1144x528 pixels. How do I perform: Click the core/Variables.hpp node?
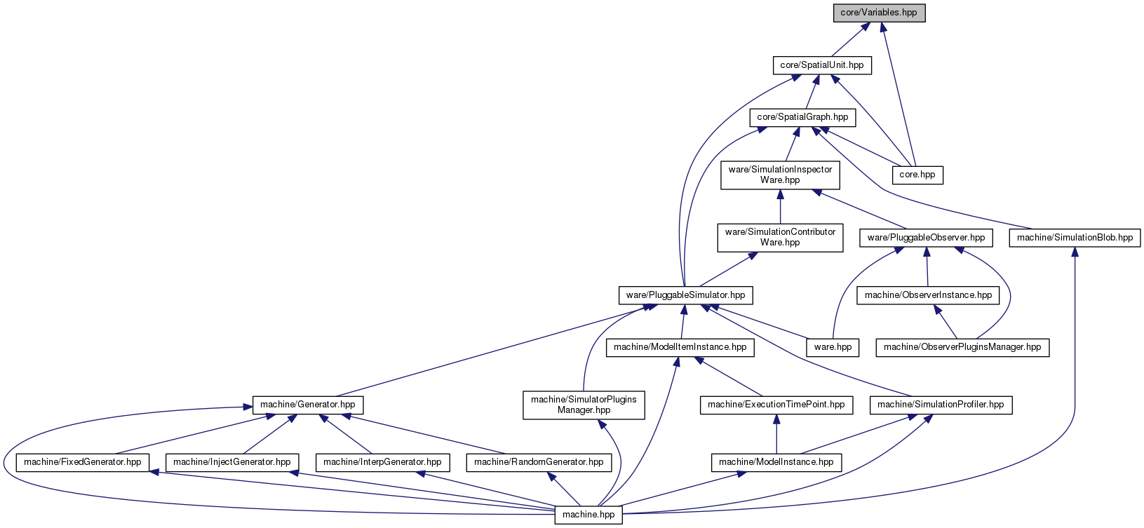(879, 13)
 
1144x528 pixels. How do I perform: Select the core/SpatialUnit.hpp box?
(822, 65)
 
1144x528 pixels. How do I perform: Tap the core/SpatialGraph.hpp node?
(802, 117)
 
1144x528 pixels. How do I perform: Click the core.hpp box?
(917, 175)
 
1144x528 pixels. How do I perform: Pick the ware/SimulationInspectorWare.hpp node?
(780, 175)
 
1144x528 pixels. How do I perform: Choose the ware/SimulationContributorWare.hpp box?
(780, 238)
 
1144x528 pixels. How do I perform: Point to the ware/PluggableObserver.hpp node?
(926, 238)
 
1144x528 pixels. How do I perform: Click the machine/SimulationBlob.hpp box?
(1075, 238)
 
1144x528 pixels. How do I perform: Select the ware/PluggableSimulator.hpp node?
(685, 295)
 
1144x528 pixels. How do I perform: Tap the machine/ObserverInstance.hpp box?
(928, 295)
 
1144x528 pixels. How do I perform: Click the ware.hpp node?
(833, 348)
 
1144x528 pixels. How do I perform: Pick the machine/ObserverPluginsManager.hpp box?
(962, 348)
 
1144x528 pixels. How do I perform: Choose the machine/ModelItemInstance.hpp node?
(680, 348)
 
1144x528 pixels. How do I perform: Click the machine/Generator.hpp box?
(307, 405)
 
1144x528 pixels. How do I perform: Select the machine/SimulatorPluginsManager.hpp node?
(584, 405)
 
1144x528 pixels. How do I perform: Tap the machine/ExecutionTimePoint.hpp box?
(776, 405)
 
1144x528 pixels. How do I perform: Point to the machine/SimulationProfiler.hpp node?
(941, 405)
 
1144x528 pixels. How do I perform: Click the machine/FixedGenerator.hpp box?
(82, 463)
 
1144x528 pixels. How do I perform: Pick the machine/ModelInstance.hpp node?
(776, 463)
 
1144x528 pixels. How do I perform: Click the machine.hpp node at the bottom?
(588, 515)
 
